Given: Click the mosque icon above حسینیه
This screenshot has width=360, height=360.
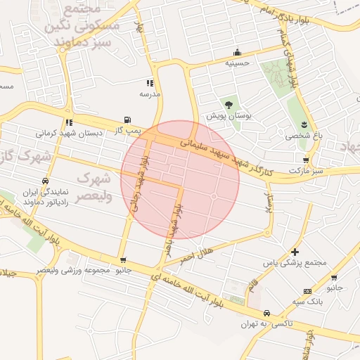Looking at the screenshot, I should (x=237, y=52).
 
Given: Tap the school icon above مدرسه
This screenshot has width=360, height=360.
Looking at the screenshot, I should (x=150, y=82).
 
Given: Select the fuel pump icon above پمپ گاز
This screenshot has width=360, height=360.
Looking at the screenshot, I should (x=127, y=120).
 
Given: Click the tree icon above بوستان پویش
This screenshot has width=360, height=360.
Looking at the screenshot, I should (x=229, y=104).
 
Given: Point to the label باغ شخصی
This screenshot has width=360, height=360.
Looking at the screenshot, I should (x=302, y=136).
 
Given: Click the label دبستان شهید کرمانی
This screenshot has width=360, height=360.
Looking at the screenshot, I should (x=70, y=132).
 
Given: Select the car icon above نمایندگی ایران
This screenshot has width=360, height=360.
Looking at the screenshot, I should (x=46, y=180).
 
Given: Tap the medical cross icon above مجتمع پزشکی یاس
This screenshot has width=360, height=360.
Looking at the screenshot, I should (x=294, y=252).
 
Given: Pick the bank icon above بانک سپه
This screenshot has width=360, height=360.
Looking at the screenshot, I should (x=308, y=291).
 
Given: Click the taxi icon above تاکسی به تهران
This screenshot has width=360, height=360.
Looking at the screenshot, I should (x=266, y=313).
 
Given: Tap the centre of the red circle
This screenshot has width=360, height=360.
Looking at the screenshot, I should (x=180, y=179).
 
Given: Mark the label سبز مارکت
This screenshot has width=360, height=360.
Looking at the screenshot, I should (x=309, y=170).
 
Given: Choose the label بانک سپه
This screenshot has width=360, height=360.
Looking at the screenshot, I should (x=309, y=302).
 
